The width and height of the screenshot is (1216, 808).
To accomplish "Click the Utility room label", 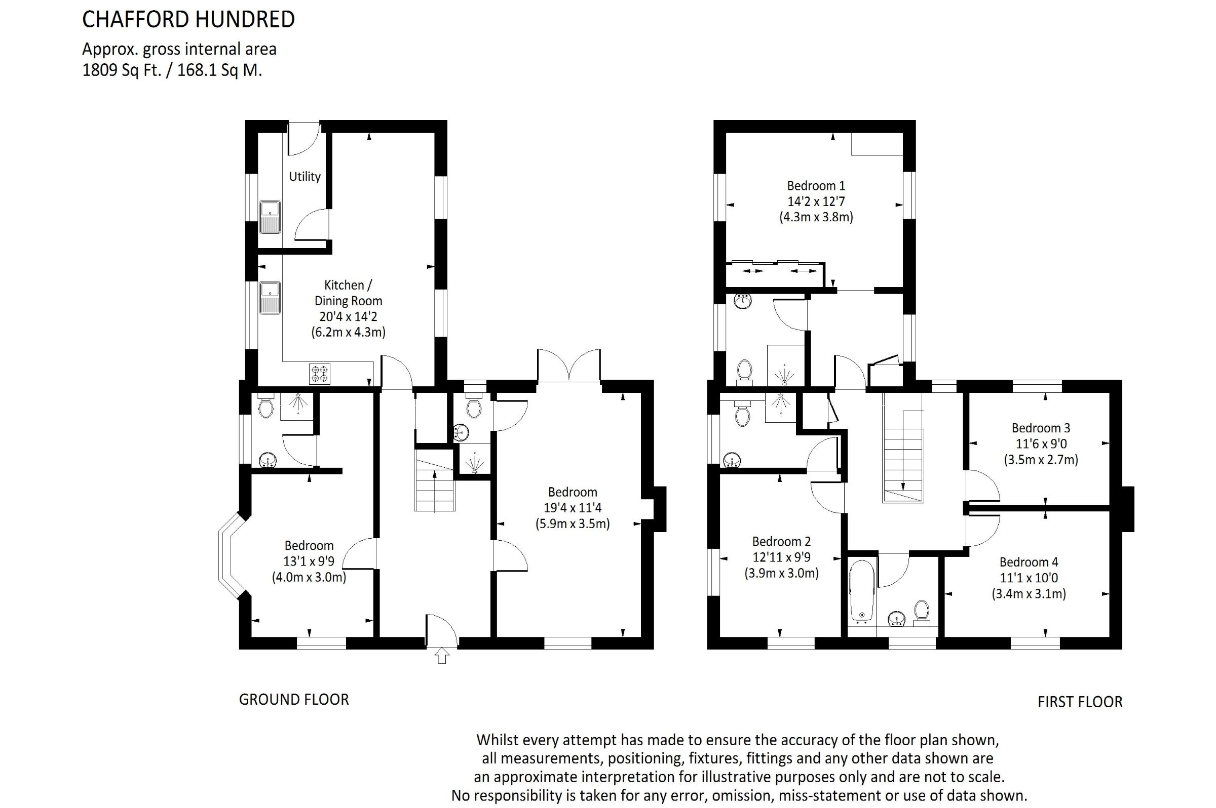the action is pos(305,176).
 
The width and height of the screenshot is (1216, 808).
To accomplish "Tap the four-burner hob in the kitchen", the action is pos(320,374).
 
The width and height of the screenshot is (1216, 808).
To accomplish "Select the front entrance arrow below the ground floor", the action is pos(442,656).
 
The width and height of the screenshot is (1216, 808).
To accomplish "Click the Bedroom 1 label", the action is pos(816,185).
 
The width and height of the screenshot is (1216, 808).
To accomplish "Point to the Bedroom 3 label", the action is pos(1041,428).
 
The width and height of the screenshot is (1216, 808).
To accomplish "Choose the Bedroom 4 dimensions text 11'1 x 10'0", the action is pos(1029,578).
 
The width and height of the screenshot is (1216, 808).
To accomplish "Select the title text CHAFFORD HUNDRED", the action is pos(189,20).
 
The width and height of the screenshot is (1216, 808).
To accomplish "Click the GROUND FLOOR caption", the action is pos(294,699).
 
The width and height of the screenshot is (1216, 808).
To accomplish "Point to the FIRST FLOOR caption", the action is pos(1080,702).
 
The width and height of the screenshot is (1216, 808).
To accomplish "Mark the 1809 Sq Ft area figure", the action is pos(122,70).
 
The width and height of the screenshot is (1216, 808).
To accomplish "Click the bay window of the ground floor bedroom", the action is pos(227,555).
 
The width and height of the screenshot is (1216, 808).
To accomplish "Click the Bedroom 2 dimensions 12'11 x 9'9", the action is pos(781,557).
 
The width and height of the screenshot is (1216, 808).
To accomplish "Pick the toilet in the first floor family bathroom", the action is pos(921,612).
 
